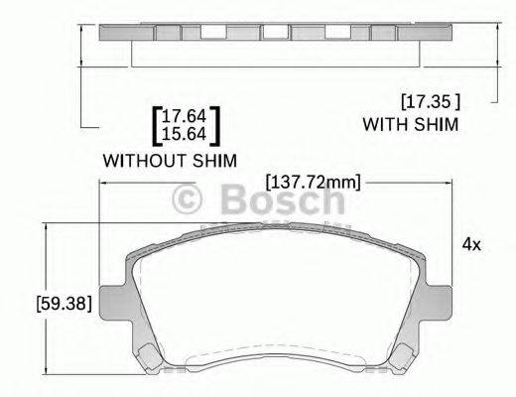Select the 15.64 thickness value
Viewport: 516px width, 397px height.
186,133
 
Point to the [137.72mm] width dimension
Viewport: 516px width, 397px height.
313,182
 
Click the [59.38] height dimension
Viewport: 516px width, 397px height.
63,304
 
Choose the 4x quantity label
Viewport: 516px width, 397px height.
471,243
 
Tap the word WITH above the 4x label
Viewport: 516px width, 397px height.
383,125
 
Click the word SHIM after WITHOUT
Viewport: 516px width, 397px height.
219,160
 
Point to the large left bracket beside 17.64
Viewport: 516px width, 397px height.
156,125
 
